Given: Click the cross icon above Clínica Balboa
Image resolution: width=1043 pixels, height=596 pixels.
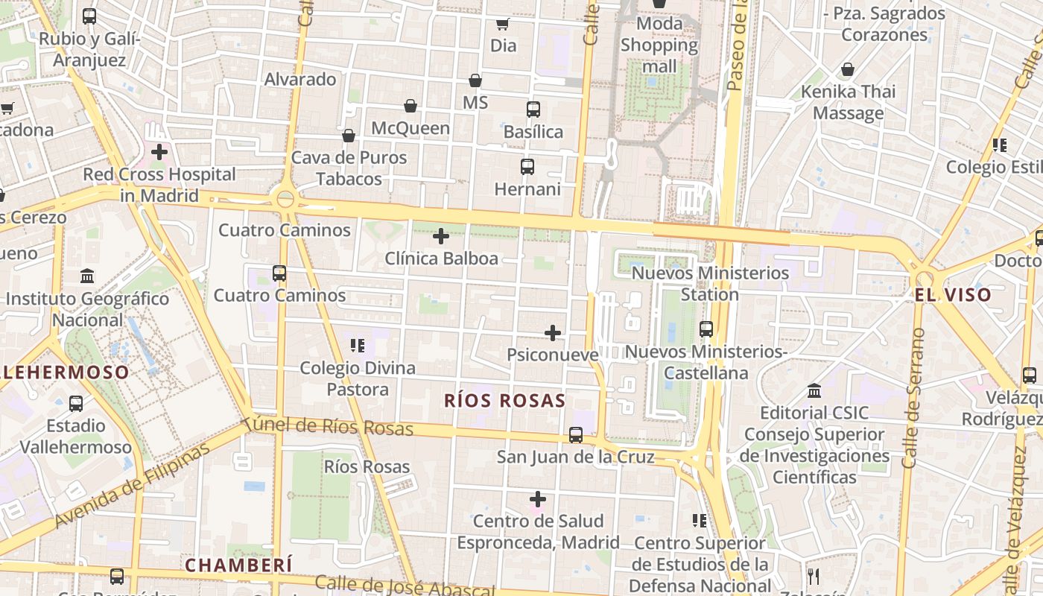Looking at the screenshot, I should (441, 237).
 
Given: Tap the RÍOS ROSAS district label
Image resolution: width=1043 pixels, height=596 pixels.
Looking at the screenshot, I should (504, 401).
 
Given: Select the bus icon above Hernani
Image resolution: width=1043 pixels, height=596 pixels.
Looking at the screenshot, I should (527, 167).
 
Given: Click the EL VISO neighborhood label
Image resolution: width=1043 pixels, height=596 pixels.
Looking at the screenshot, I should (953, 295).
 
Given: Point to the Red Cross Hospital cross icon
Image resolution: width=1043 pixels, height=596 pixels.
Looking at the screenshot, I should (159, 152).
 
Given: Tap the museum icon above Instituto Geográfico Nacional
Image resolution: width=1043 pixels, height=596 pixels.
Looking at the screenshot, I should (87, 276).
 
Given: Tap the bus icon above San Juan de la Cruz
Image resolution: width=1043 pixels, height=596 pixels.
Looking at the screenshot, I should (575, 435).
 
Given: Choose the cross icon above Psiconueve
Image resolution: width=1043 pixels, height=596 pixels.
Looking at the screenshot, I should (553, 332).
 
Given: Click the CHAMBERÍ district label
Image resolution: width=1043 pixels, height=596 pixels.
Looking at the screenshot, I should (238, 565).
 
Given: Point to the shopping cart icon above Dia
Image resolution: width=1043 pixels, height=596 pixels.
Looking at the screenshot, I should (503, 24).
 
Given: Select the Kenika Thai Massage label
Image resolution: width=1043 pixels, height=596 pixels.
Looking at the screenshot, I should (848, 103).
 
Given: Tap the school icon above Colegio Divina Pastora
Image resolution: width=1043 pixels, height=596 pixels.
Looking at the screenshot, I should (358, 346).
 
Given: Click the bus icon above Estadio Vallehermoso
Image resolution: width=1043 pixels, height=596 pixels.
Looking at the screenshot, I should (76, 404).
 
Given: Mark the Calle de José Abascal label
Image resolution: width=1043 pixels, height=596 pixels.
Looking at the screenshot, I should (405, 586).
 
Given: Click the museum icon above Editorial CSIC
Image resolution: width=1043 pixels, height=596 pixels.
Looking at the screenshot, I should (814, 390).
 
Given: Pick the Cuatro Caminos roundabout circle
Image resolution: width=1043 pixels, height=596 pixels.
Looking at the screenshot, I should (285, 199).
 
